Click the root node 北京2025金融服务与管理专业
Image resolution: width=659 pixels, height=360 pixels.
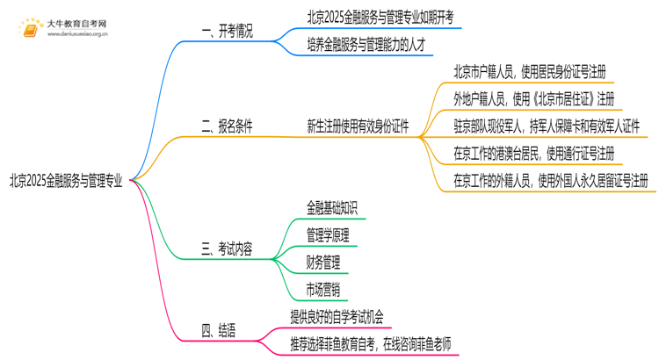67,182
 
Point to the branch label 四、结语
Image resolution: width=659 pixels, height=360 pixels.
219,331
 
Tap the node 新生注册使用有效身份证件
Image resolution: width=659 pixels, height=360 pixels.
358,126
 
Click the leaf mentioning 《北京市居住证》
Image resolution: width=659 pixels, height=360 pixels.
533,98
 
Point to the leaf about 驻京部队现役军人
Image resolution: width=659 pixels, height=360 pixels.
546,126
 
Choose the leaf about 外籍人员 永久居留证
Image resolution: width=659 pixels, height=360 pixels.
551,182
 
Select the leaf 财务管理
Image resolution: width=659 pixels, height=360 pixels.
322,263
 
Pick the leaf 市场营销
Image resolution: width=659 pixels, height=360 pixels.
322,290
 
